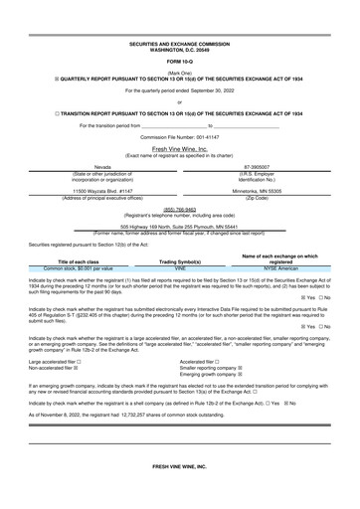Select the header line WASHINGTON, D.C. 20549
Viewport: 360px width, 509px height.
180,50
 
